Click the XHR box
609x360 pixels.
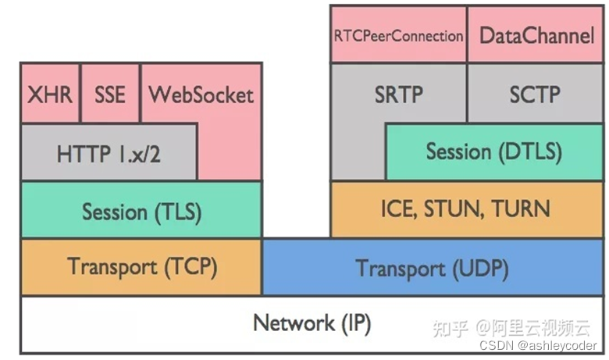coord(50,94)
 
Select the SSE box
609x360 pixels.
coord(110,94)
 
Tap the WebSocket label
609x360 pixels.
coord(201,94)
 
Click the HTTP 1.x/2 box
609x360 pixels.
coord(109,153)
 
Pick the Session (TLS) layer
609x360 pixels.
coord(141,211)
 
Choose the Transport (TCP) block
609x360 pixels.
coord(141,267)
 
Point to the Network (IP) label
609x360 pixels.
coord(312,323)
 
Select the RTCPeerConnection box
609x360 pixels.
coord(398,35)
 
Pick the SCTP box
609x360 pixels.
coord(535,94)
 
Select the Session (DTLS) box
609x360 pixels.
coord(493,151)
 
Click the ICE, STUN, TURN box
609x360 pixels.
coord(465,209)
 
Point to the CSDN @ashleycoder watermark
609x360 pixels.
coord(538,345)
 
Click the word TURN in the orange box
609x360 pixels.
coord(522,209)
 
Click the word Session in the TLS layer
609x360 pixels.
coord(115,211)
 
